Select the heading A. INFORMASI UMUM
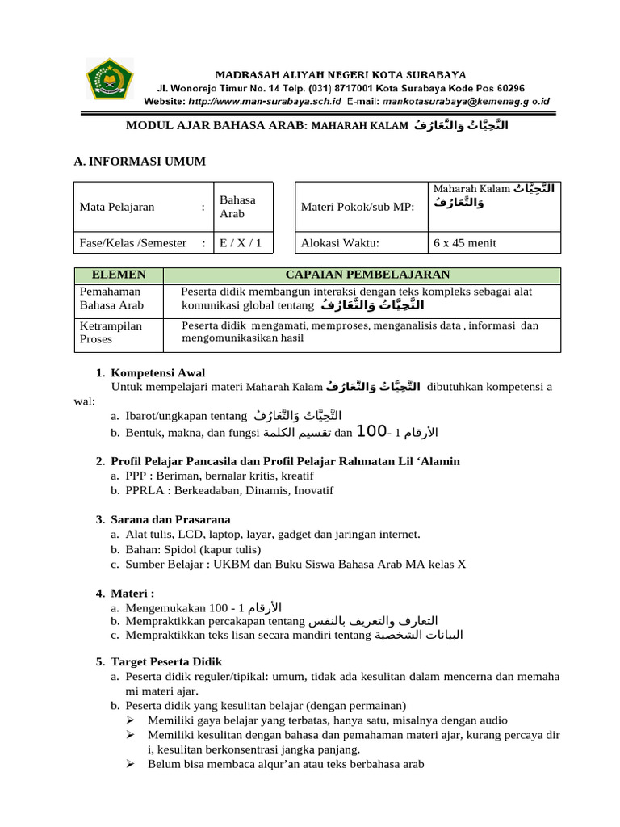(140, 162)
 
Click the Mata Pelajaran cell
(117, 207)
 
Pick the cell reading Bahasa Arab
(237, 207)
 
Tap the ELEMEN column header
(119, 275)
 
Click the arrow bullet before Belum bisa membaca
(133, 764)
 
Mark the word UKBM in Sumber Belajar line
(229, 564)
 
